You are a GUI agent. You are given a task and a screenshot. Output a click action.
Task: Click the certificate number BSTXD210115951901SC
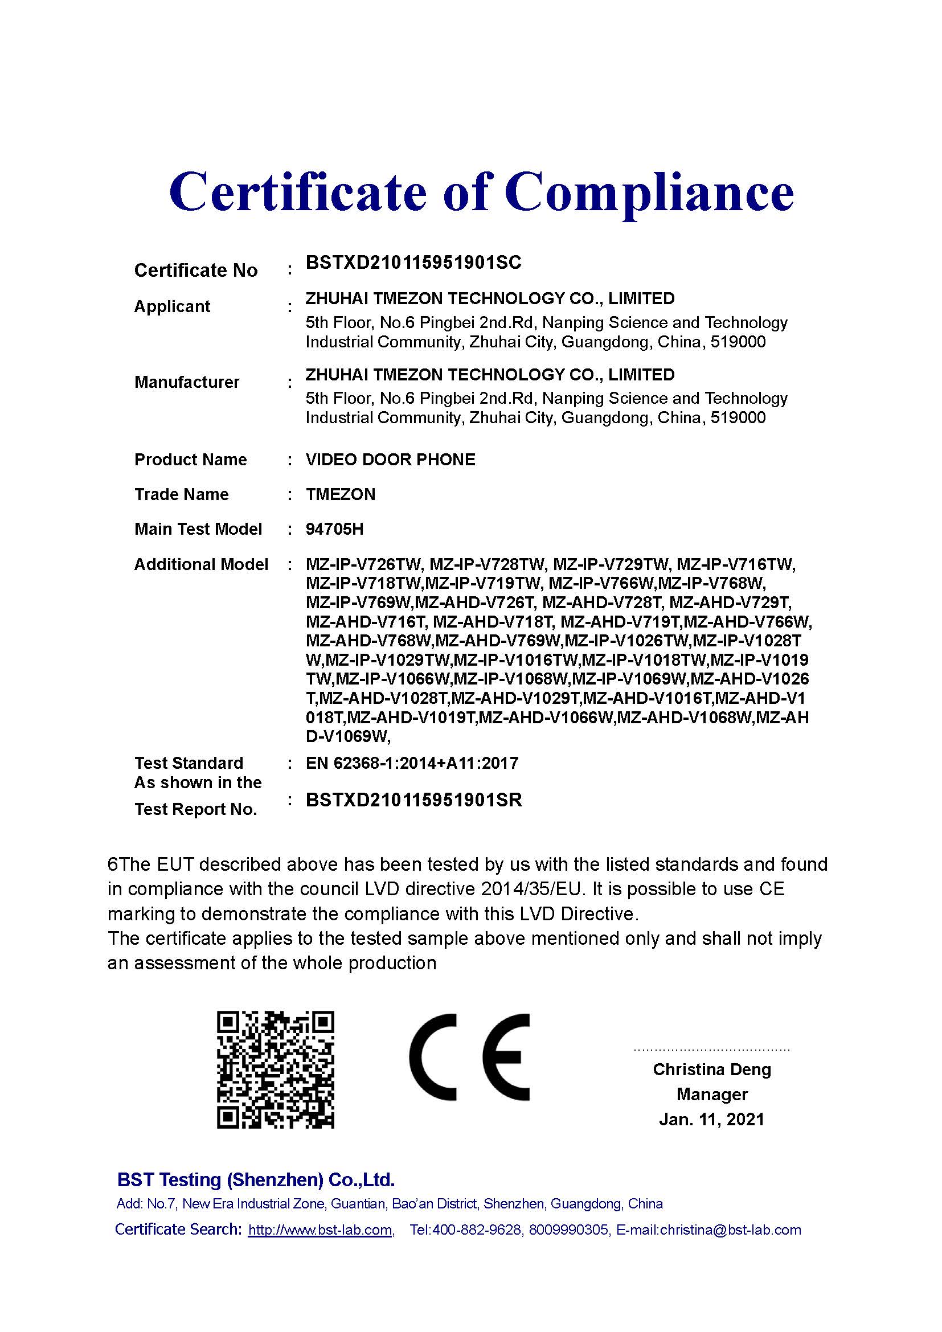pyautogui.click(x=413, y=263)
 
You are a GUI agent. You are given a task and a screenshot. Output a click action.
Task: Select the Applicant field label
pyautogui.click(x=172, y=306)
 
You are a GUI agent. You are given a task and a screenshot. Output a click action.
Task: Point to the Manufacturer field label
pyautogui.click(x=187, y=382)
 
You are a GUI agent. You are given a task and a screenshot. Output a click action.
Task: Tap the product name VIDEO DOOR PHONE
pyautogui.click(x=390, y=460)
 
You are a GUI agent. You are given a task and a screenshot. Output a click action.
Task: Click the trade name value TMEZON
pyautogui.click(x=341, y=494)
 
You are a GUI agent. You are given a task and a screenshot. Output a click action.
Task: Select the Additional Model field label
pyautogui.click(x=201, y=564)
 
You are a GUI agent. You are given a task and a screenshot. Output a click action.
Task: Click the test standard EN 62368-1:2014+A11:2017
pyautogui.click(x=412, y=763)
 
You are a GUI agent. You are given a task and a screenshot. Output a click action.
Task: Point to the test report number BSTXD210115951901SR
pyautogui.click(x=413, y=800)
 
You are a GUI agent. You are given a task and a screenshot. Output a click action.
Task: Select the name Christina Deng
pyautogui.click(x=712, y=1069)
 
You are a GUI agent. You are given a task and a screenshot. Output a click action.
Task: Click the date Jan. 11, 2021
pyautogui.click(x=711, y=1119)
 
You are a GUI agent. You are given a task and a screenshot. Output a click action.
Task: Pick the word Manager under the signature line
pyautogui.click(x=712, y=1094)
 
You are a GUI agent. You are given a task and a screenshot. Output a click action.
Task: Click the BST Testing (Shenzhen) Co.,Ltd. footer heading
pyautogui.click(x=256, y=1179)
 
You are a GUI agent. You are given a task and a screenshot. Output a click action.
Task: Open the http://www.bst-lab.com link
pyautogui.click(x=320, y=1230)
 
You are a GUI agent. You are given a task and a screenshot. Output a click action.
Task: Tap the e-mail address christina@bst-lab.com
pyautogui.click(x=730, y=1230)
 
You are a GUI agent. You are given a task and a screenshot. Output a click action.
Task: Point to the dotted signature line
pyautogui.click(x=712, y=1050)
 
